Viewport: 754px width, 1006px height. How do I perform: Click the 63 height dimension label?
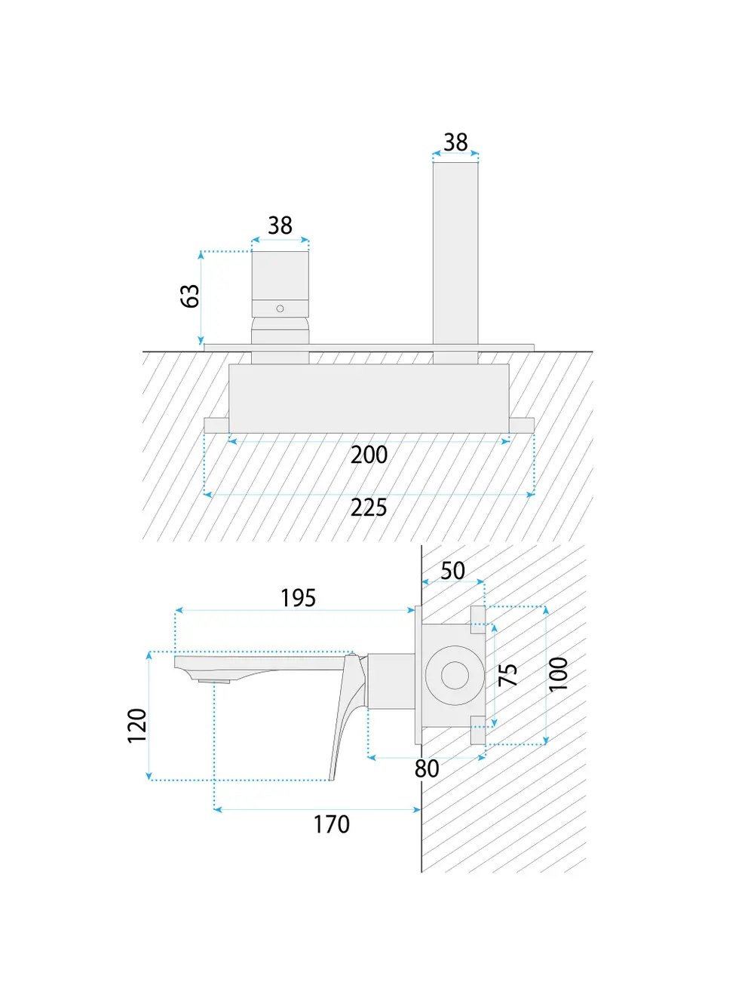pos(190,296)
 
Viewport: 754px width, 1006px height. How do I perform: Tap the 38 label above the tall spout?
pos(455,142)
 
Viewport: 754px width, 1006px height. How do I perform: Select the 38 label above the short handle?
pos(280,225)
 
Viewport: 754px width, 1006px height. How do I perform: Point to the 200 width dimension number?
pos(369,455)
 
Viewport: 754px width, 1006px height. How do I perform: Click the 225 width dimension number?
pos(369,508)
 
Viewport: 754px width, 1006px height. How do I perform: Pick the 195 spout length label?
pos(298,598)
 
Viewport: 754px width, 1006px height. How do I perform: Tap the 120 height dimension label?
pos(137,725)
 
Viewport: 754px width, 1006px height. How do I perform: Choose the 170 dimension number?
pos(332,824)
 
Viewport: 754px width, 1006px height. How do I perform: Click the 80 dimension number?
pos(427,768)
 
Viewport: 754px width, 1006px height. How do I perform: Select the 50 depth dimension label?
pos(452,571)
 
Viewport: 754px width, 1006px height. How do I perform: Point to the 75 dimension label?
pos(508,674)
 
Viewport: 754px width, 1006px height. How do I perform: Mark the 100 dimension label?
pos(558,674)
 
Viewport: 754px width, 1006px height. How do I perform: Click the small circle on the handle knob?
pos(280,308)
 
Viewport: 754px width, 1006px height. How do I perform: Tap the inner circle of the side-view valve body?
pos(455,675)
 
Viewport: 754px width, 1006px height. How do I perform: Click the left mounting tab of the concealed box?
pos(216,425)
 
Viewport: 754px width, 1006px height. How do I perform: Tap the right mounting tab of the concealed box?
pos(522,425)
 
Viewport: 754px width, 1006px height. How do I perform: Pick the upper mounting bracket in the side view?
pos(478,615)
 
